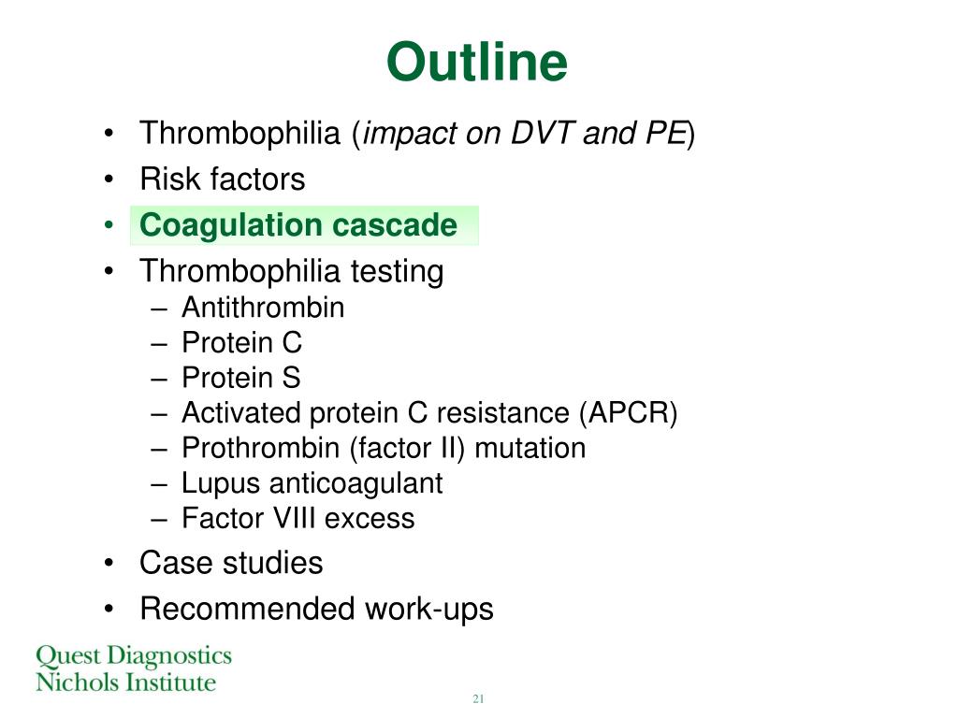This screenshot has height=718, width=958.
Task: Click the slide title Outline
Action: click(x=477, y=64)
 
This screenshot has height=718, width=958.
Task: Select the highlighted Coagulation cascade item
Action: click(x=298, y=226)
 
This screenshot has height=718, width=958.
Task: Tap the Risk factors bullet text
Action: click(x=223, y=179)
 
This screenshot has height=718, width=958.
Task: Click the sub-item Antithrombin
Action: click(x=263, y=308)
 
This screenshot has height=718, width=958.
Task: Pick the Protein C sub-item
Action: click(x=241, y=343)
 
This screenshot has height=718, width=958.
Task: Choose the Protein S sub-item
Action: click(x=241, y=378)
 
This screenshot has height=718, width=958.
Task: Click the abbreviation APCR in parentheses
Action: click(x=627, y=413)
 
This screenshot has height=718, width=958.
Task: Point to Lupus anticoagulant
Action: click(x=312, y=483)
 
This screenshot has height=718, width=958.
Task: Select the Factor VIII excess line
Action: click(x=298, y=518)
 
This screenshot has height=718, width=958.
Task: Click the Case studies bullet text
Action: click(x=231, y=563)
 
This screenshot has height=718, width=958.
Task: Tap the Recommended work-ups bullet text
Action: click(x=316, y=610)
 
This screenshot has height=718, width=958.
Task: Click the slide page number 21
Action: click(x=478, y=699)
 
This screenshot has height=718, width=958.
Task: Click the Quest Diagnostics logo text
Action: click(x=133, y=655)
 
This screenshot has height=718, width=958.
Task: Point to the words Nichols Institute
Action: click(x=125, y=682)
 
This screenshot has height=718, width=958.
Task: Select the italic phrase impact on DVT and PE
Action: click(x=525, y=134)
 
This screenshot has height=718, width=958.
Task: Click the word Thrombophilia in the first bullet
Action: click(x=240, y=134)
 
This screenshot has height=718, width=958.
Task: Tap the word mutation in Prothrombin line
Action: click(x=530, y=449)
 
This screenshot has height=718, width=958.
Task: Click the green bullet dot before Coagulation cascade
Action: click(x=110, y=226)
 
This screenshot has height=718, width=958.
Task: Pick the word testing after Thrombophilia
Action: click(x=397, y=272)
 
